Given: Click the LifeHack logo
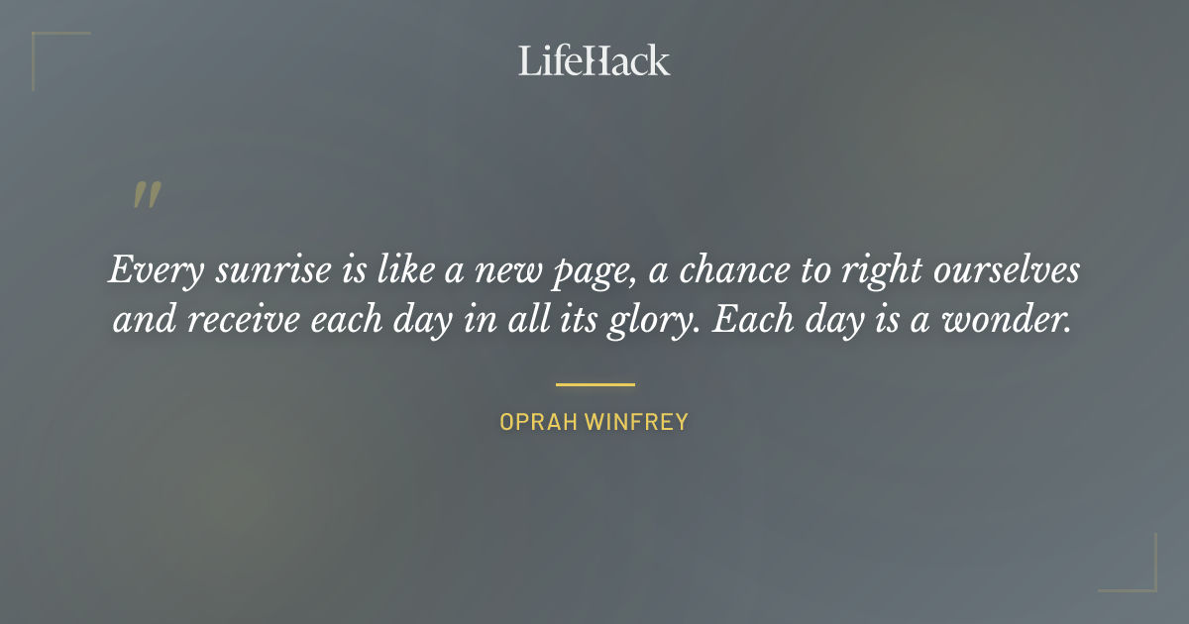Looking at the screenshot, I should click(x=594, y=60).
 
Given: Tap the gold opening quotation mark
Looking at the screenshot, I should click(x=147, y=195).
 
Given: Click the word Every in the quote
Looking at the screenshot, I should click(x=145, y=270).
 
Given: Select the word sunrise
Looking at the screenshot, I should click(x=250, y=270).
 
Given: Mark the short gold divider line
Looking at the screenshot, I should click(x=594, y=384).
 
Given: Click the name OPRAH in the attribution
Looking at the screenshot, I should click(x=539, y=422).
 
